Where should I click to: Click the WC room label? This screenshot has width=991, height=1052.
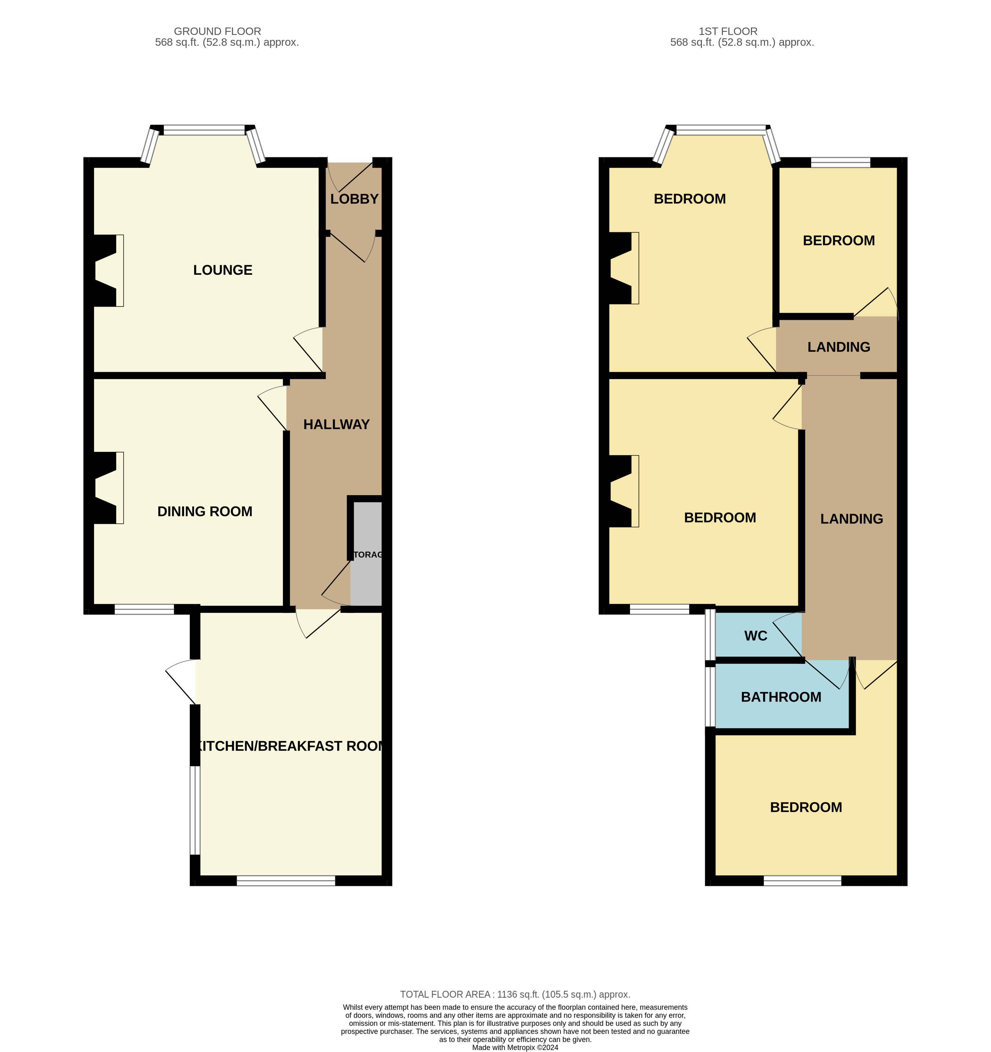pyautogui.click(x=755, y=636)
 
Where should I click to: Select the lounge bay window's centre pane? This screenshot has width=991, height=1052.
pyautogui.click(x=204, y=130)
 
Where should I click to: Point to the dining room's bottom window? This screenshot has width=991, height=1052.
pyautogui.click(x=144, y=610)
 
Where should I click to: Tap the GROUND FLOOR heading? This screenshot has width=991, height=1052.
pyautogui.click(x=217, y=31)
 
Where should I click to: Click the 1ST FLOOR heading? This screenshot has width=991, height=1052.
pyautogui.click(x=728, y=31)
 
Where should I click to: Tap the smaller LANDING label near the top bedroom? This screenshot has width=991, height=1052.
pyautogui.click(x=839, y=347)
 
